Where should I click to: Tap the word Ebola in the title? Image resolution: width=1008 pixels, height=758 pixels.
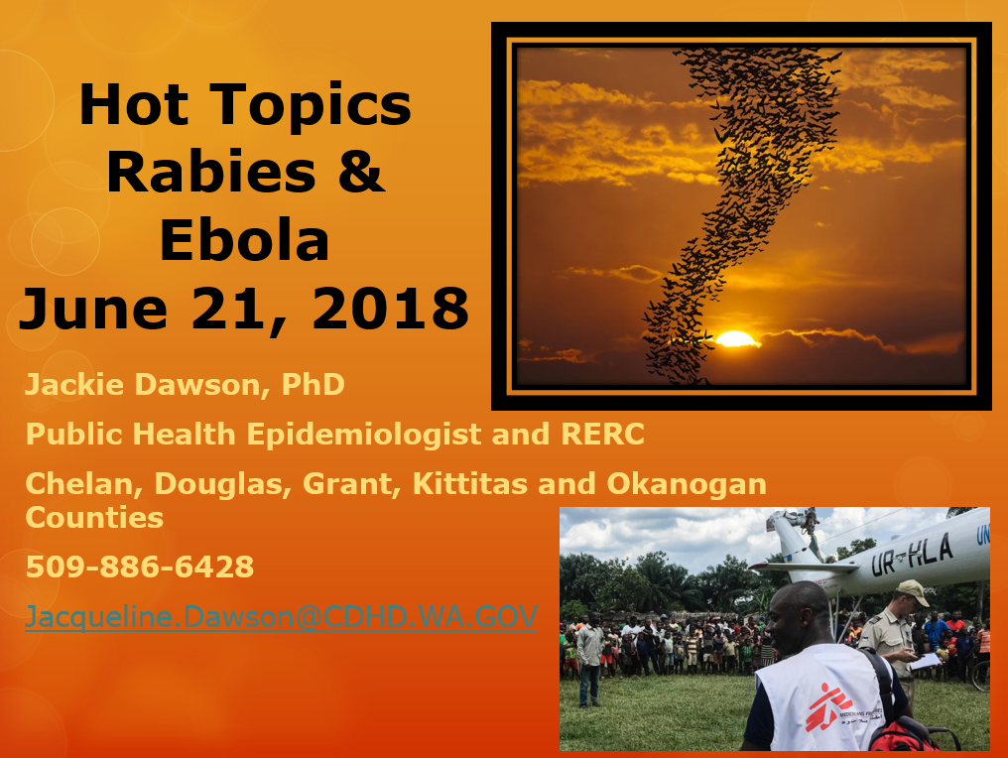click(x=244, y=240)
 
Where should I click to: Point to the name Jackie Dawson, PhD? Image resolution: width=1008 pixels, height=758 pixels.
click(x=186, y=385)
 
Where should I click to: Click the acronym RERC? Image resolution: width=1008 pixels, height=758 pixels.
click(x=602, y=434)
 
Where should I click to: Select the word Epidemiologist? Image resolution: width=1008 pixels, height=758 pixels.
click(x=364, y=435)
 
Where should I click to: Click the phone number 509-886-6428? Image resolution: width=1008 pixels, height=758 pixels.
click(x=140, y=568)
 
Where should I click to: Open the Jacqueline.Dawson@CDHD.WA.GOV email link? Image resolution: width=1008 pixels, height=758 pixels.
click(x=281, y=617)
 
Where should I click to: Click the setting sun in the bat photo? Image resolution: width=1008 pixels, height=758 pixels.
click(x=736, y=338)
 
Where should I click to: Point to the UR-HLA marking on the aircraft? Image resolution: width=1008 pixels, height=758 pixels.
click(x=912, y=555)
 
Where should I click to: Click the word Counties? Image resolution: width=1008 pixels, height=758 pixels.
click(x=94, y=518)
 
